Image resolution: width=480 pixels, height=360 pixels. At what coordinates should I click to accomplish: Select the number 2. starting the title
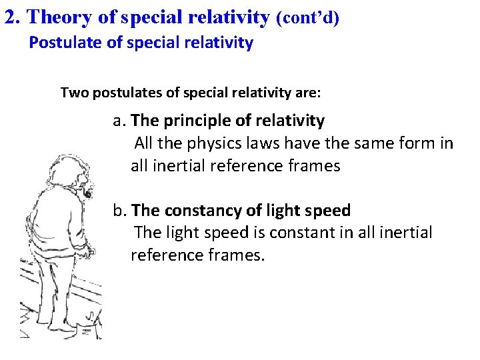pos(13,17)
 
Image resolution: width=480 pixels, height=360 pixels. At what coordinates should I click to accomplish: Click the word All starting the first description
pos(146,143)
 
